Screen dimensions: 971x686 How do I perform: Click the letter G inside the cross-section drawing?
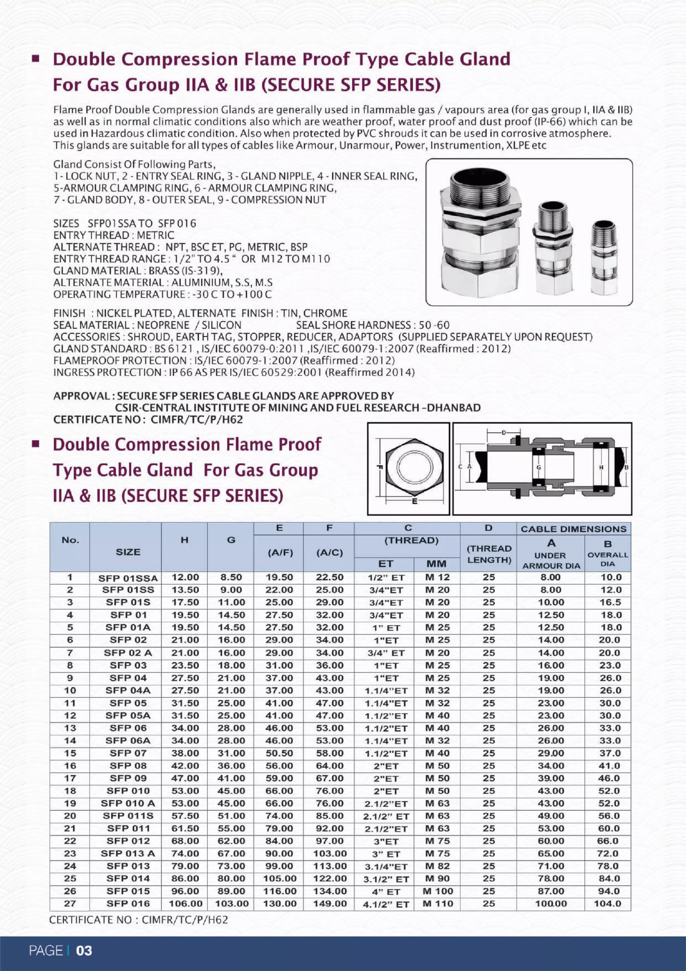click(538, 467)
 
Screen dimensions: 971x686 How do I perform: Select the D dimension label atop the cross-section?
click(503, 432)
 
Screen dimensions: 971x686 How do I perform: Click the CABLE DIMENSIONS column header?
click(573, 529)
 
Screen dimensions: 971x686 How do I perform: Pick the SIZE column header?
click(128, 552)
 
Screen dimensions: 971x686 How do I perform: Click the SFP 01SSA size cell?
click(128, 578)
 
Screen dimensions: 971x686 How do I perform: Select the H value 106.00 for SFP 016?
click(185, 904)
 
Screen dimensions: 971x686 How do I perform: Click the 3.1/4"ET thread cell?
click(386, 866)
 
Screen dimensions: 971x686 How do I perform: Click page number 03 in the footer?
click(84, 951)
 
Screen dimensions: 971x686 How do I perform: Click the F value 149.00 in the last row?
click(330, 904)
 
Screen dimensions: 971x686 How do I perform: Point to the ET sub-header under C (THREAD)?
click(385, 564)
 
